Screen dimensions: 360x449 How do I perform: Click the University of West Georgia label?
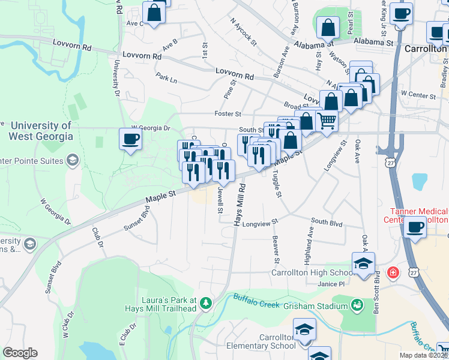[x=41, y=131]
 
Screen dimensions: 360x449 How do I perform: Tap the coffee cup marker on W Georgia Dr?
[x=130, y=140]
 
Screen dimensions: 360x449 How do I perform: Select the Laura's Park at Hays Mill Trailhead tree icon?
[x=206, y=302]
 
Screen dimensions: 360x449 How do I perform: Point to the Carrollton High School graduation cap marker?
[x=363, y=264]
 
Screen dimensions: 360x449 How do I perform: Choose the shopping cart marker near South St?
[x=327, y=120]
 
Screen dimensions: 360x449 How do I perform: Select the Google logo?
[x=20, y=353]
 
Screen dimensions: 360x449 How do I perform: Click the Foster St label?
[x=228, y=113]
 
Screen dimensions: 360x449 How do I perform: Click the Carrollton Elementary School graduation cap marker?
[x=304, y=330]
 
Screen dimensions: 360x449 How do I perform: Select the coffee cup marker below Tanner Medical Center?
[x=415, y=227]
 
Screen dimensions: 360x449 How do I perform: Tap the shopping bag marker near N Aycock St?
[x=328, y=27]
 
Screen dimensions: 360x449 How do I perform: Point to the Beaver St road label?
[x=276, y=250]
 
